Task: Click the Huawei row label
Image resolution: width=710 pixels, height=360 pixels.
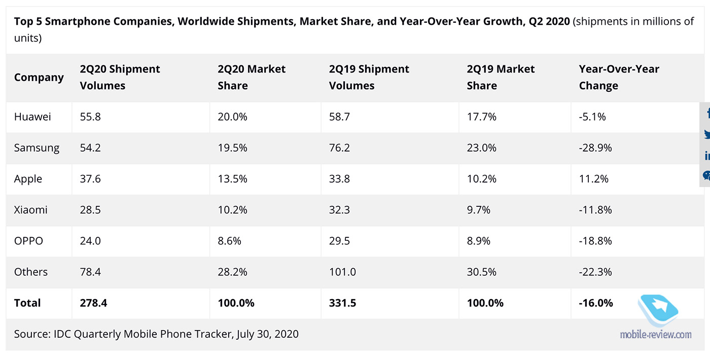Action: coord(32,117)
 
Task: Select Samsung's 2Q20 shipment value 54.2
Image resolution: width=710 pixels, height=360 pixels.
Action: coord(90,148)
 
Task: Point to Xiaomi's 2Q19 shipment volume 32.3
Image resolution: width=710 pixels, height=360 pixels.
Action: coord(339,210)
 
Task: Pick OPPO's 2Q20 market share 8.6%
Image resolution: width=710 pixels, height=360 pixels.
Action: coord(229,241)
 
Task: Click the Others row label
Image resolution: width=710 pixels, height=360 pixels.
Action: coord(31,272)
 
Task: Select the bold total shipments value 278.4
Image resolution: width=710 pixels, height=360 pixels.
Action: coord(93,303)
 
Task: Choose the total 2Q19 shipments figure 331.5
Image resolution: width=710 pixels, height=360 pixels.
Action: coord(342,303)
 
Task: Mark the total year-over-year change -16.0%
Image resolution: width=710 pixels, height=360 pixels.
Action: coord(596,303)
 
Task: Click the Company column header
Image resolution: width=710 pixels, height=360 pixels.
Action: coord(39,78)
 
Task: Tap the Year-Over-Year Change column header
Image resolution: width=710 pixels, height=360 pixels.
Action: coord(619,77)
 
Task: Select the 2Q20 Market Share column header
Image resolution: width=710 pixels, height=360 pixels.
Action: coord(252,77)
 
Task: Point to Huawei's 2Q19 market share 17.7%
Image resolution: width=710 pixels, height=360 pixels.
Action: coord(481,117)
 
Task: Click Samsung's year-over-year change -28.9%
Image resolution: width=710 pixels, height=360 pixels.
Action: coord(595,148)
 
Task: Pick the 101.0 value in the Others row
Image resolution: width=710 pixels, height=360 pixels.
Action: coord(342,272)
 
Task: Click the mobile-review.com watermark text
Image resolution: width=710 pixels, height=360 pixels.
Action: coord(656,334)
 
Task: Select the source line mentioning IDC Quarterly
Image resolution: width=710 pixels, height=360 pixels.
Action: coord(156,334)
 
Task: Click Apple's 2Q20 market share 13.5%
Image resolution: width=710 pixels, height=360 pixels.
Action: coord(232,179)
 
